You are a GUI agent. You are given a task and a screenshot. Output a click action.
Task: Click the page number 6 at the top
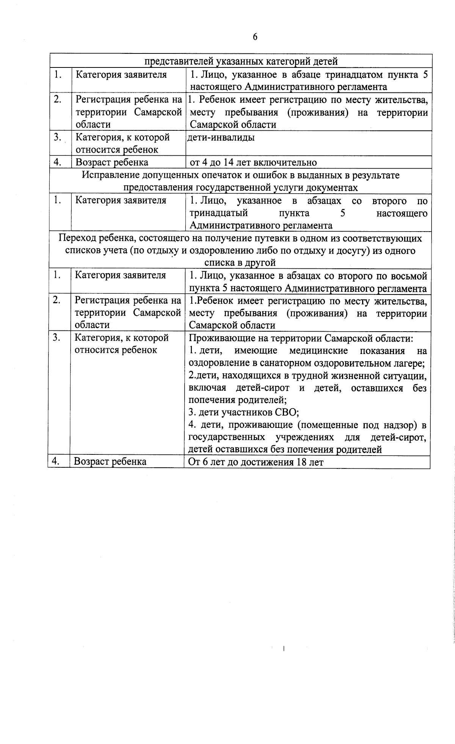pos(255,37)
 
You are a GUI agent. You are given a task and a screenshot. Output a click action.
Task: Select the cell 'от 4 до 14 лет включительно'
pos(253,163)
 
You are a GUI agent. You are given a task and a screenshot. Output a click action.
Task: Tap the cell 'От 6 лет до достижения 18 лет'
pos(256,462)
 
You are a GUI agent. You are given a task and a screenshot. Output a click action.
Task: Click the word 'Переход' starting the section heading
pos(77,238)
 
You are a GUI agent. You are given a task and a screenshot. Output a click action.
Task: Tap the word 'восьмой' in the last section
pos(411,276)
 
